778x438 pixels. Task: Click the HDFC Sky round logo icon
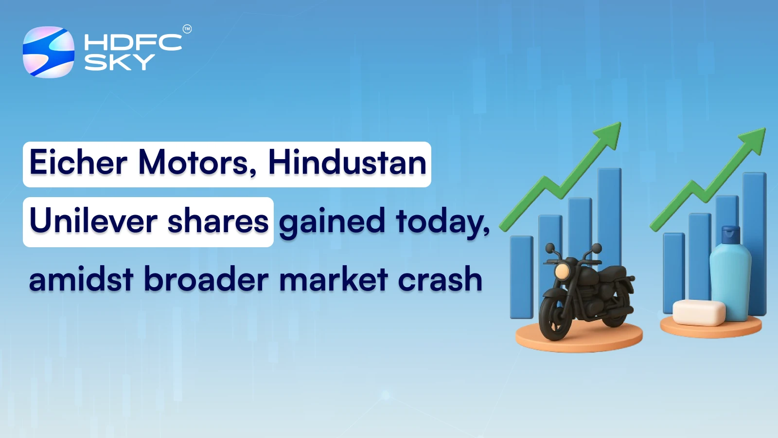[49, 52]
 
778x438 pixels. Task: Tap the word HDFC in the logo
[133, 43]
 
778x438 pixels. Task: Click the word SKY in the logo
[120, 62]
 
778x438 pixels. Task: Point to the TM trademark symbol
[187, 29]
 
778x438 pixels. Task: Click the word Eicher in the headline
[78, 163]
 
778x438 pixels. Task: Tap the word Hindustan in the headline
[347, 163]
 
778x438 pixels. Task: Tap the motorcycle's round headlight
[562, 271]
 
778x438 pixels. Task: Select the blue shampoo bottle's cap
[730, 235]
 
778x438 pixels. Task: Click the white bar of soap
[699, 312]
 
